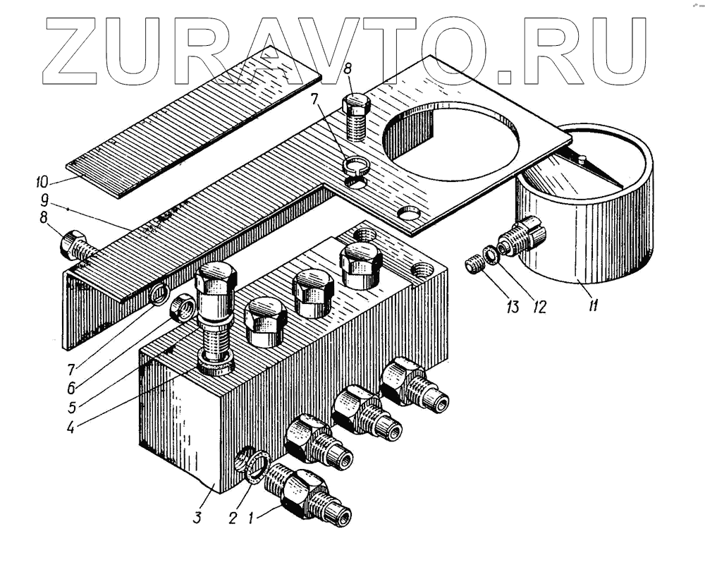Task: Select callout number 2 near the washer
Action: (x=231, y=518)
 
